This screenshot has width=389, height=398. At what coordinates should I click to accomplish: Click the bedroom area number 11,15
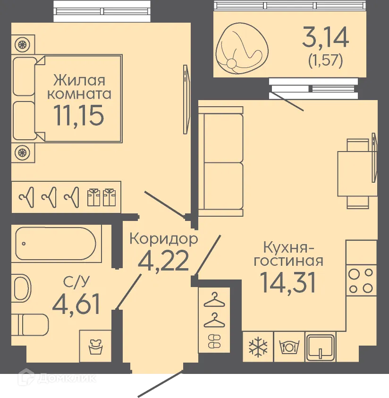[x=79, y=115]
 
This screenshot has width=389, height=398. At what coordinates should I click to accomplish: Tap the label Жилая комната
[x=78, y=86]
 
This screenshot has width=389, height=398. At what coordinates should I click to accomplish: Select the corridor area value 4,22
[x=163, y=261]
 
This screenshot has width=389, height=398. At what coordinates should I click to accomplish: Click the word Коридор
[x=163, y=239]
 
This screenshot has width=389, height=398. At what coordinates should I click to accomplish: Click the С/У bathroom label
[x=76, y=282]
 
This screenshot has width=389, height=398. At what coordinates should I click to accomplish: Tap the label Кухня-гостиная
[x=293, y=254]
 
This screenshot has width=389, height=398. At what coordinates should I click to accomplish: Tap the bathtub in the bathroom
[x=56, y=245]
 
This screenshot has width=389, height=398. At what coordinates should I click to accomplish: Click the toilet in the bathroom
[x=31, y=324]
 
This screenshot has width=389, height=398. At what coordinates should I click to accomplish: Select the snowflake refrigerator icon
[x=258, y=346]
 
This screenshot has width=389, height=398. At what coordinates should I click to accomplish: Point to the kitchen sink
[x=321, y=346]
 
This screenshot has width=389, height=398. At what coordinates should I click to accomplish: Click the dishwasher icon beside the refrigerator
[x=289, y=346]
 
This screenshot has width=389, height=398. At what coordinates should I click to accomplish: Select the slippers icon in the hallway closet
[x=214, y=341]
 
